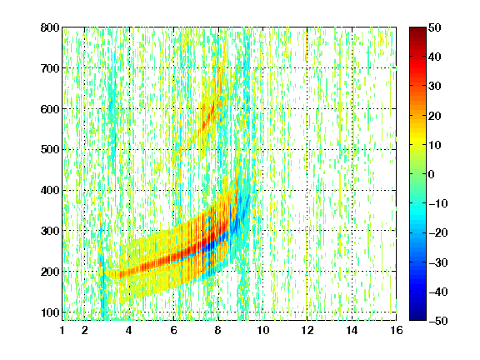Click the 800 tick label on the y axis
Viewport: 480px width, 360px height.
[x=50, y=27]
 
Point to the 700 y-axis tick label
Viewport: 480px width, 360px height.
[x=50, y=68]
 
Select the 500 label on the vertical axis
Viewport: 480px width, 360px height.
[x=50, y=150]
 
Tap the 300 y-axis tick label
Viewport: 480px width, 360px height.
[x=50, y=231]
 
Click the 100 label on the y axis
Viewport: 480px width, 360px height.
[x=50, y=312]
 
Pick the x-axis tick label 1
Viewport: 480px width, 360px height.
[x=62, y=330]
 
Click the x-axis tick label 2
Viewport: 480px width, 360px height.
[x=85, y=330]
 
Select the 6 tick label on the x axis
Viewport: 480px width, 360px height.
[x=173, y=330]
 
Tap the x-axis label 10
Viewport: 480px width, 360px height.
[x=262, y=330]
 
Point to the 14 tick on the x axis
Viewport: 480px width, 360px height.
[x=352, y=330]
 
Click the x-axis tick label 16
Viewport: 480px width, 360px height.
[x=397, y=330]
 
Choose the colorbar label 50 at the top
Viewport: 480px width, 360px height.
[x=435, y=27]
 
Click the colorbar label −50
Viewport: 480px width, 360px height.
[x=438, y=321]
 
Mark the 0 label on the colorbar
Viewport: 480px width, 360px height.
[x=432, y=174]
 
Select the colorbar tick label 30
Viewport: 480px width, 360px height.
[x=435, y=87]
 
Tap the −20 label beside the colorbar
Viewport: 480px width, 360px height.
[x=438, y=233]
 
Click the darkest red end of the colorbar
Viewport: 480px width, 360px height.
[x=417, y=28]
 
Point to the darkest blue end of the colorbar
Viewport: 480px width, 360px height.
[x=417, y=319]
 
